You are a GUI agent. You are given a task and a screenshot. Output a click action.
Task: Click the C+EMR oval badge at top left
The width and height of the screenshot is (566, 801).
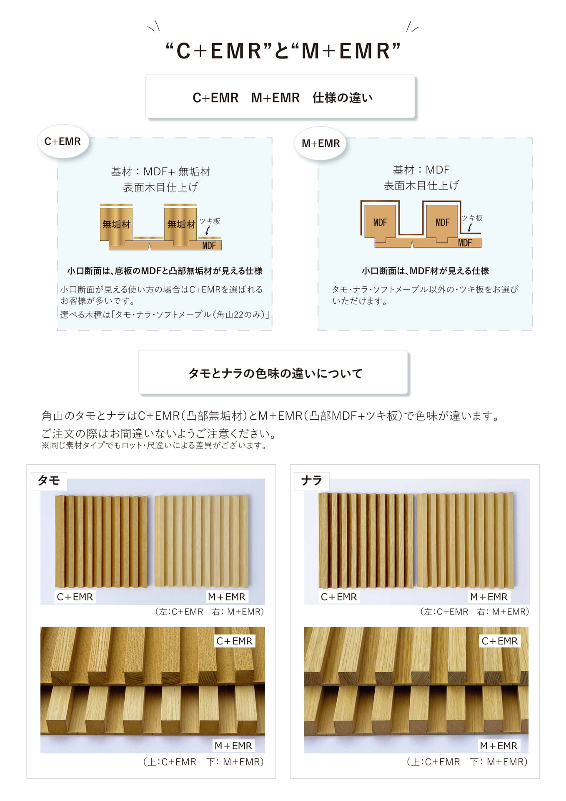point(63,141)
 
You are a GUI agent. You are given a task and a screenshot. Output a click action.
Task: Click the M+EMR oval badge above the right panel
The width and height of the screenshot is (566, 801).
point(321,143)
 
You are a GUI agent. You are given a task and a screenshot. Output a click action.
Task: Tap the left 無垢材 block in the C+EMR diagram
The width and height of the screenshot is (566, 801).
point(116,224)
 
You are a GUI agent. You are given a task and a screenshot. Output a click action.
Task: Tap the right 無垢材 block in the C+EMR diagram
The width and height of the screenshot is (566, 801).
point(181,224)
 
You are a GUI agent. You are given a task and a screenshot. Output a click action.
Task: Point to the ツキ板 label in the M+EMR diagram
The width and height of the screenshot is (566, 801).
point(472,218)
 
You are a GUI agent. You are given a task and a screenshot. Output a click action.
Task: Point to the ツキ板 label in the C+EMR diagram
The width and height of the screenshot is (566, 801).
point(210,221)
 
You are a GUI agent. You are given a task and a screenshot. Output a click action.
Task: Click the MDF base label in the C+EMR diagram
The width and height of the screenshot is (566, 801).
point(209,245)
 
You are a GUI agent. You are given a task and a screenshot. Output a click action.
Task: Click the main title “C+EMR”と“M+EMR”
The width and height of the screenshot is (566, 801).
point(283,51)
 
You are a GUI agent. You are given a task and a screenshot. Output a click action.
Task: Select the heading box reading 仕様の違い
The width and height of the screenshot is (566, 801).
point(280,97)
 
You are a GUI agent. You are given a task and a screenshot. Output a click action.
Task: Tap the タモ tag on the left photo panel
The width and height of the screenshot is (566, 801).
point(49,481)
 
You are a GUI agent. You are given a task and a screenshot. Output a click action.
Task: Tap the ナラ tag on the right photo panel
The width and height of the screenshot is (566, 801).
point(312,481)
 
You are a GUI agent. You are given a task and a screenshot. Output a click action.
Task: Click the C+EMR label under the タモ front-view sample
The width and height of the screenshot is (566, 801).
point(75,597)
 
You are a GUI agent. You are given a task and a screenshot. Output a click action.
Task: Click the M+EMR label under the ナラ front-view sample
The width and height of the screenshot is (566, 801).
point(489,597)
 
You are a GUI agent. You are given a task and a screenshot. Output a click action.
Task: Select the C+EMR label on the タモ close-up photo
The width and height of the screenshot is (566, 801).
point(234,641)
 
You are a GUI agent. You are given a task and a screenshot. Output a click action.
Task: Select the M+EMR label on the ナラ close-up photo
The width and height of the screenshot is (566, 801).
point(498,746)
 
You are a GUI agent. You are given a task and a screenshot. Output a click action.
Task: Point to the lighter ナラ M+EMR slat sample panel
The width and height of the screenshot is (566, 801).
point(465,540)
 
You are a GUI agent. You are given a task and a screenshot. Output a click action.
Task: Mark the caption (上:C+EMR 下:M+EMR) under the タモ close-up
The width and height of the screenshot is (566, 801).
point(203,762)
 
